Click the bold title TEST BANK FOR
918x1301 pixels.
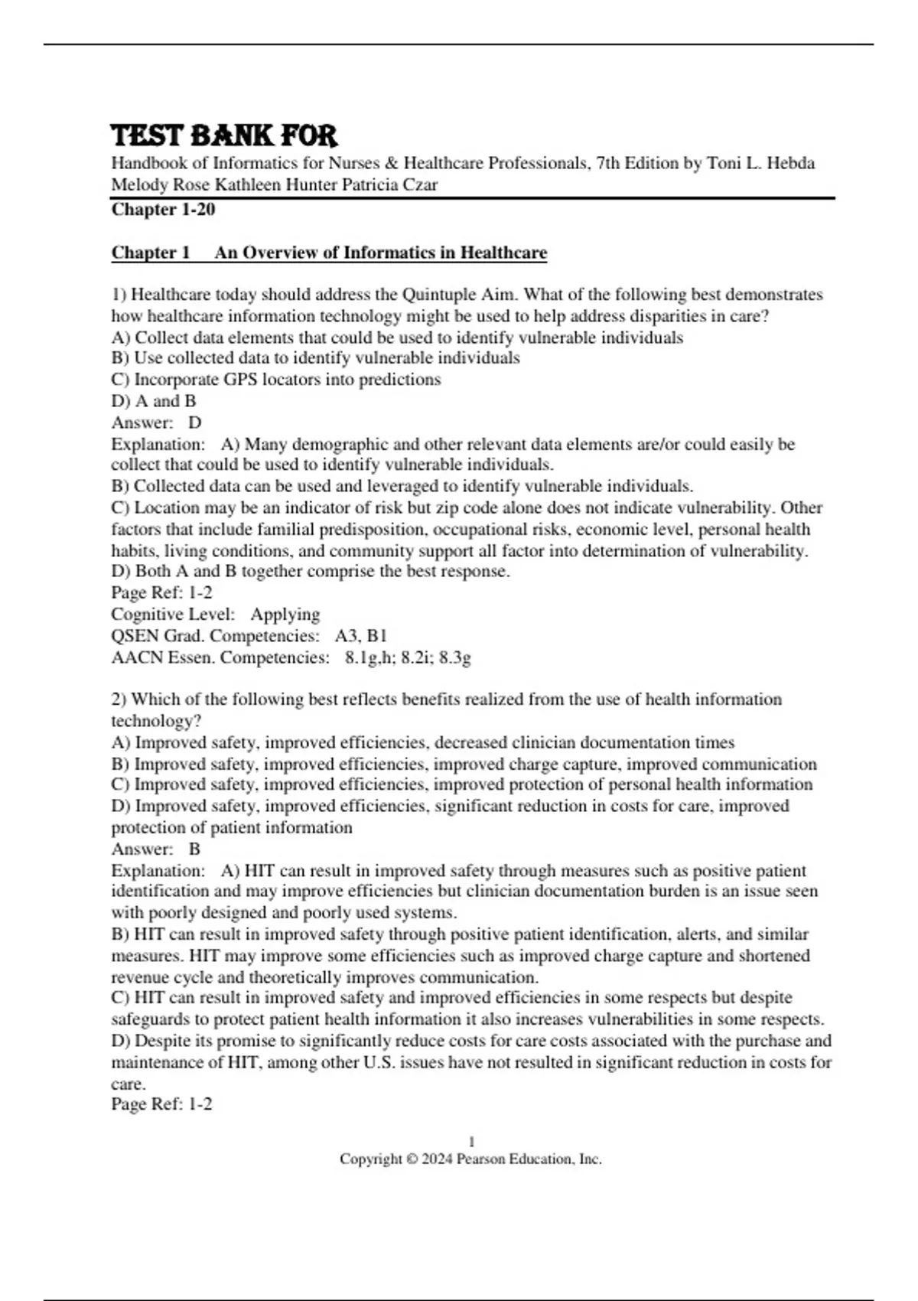224,135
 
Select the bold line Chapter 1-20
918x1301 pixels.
163,210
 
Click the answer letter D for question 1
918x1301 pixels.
195,422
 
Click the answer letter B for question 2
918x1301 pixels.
194,849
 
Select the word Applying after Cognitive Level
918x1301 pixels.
285,615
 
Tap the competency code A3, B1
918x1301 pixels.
361,636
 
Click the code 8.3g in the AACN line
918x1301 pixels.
454,657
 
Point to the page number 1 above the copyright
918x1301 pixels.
471,1142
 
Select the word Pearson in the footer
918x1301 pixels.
479,1159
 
